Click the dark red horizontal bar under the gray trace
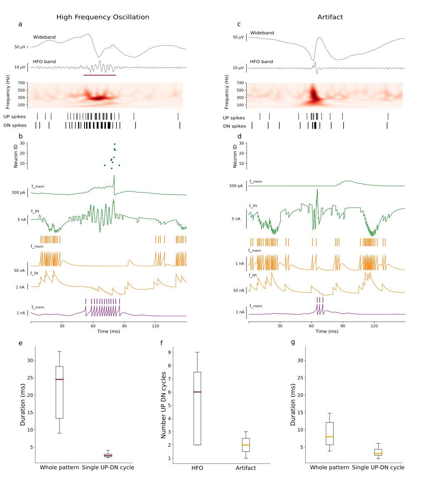[x=100, y=75]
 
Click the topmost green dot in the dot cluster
[x=115, y=144]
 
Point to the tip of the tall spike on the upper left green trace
[x=114, y=175]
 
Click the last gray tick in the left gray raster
[x=178, y=117]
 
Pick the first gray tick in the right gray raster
[x=260, y=117]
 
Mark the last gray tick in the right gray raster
[x=388, y=117]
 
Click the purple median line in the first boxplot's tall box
[x=60, y=379]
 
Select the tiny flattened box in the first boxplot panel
[x=108, y=455]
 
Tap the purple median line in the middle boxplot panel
[x=197, y=392]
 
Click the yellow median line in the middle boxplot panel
[x=246, y=445]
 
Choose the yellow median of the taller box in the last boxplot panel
[x=329, y=436]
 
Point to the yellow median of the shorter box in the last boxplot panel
[x=378, y=453]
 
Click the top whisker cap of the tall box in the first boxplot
[x=60, y=352]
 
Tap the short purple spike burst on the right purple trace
[x=320, y=306]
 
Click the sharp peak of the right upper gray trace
[x=319, y=37]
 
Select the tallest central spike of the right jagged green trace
[x=317, y=189]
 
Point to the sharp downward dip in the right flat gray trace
[x=317, y=73]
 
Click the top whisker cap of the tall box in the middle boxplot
[x=197, y=352]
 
